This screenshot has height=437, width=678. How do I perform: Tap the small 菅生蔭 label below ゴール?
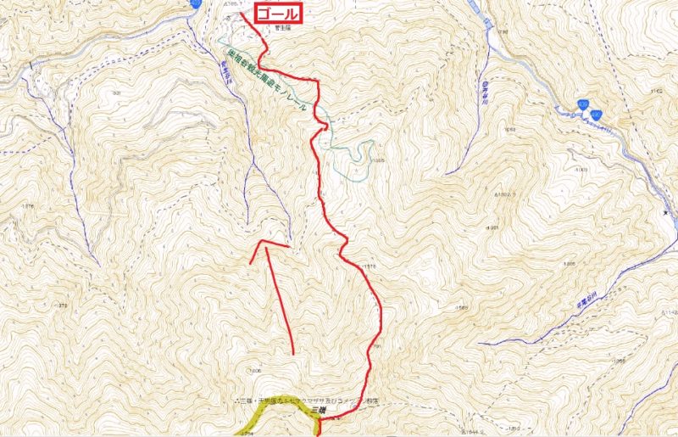(281, 28)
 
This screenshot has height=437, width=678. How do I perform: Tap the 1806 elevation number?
(254, 372)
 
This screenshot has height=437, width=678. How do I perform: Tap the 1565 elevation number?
(462, 307)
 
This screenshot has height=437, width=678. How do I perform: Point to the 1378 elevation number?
(60, 303)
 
